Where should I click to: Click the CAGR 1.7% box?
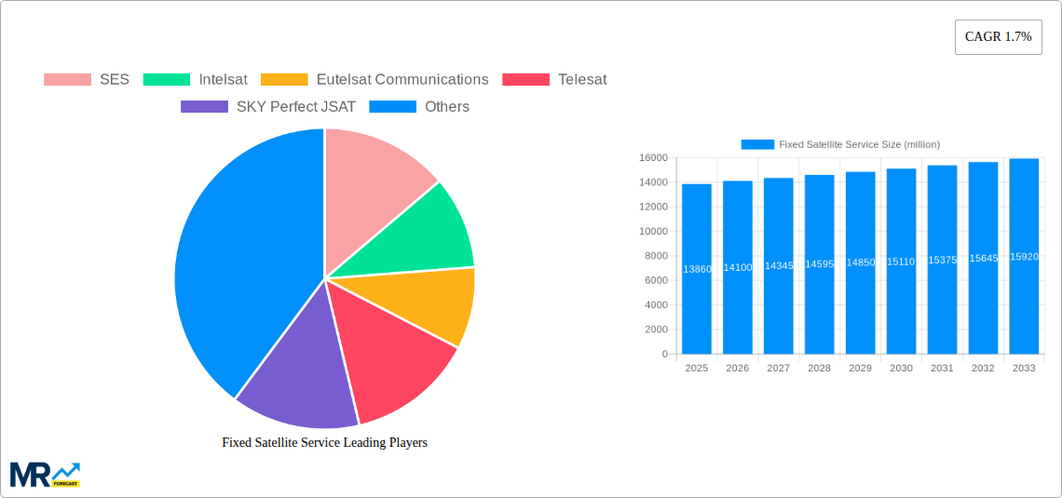[998, 37]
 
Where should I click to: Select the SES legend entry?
[87, 80]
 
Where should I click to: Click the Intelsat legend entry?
[196, 80]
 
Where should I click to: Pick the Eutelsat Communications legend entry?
[374, 80]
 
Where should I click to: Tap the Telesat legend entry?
[554, 80]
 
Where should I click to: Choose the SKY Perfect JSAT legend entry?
[268, 107]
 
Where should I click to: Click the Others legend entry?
[419, 107]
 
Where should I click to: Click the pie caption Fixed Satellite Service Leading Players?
[324, 443]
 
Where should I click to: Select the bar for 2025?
[697, 270]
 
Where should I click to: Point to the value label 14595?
[819, 264]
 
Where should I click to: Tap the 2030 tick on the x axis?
[901, 369]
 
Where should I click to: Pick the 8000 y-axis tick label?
[655, 256]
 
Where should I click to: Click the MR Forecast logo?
[45, 475]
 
